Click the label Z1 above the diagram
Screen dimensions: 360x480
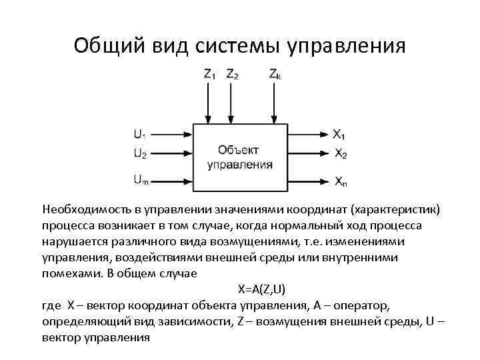[209, 75]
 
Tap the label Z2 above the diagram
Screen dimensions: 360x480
[233, 75]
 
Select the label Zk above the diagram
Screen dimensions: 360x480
[275, 75]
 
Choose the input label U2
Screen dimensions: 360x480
[140, 154]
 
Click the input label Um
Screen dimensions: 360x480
[141, 179]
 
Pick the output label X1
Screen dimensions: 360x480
[339, 133]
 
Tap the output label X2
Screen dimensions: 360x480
[340, 154]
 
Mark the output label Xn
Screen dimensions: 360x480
[340, 181]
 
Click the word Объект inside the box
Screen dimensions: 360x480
[239, 150]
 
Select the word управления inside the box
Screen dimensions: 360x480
[239, 164]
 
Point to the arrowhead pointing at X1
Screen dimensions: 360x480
[325, 133]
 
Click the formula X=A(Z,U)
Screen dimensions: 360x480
[262, 289]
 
